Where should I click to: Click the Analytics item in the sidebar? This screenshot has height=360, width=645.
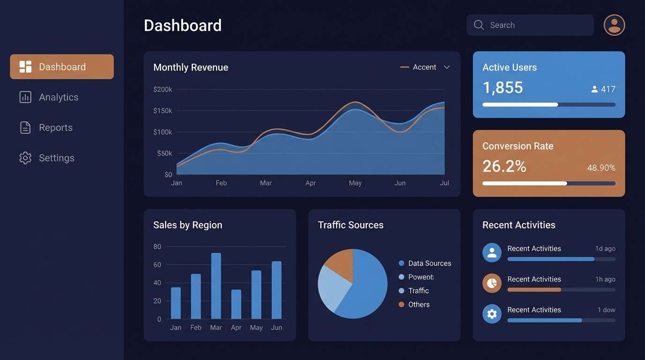58,97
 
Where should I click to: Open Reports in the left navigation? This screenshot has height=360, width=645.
55,127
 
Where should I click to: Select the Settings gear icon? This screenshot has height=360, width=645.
25,158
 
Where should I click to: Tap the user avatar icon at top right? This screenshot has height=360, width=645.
614,25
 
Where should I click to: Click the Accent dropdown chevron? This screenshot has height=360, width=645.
447,67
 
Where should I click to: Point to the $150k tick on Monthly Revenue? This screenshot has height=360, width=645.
163,111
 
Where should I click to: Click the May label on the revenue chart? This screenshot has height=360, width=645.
355,183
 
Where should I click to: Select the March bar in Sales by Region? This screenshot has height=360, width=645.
216,286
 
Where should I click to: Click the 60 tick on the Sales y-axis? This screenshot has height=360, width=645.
157,264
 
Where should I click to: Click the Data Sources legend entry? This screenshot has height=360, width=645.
429,263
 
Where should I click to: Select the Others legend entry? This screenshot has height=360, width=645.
418,305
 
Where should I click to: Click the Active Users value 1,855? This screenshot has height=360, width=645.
502,88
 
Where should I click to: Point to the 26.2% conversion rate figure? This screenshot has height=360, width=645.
504,166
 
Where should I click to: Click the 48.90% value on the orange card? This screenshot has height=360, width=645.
601,168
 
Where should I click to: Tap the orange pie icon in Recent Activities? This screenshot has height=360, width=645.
492,283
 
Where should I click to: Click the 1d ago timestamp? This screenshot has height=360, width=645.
605,248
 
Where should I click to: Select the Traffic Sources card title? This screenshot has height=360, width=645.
351,225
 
